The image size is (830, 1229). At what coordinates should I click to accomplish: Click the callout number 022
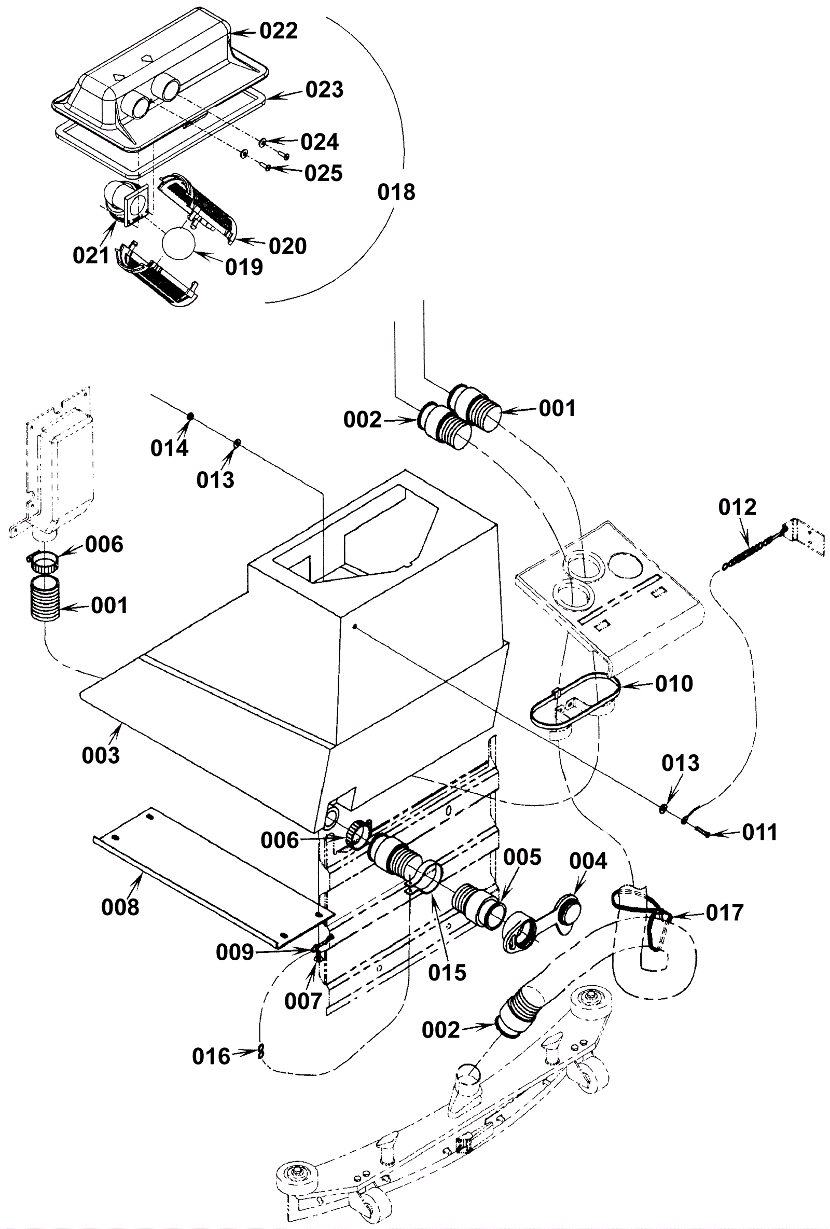coord(279,31)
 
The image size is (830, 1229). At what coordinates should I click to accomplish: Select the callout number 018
coord(396,192)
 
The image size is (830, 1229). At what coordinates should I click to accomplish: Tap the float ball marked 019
coord(178,244)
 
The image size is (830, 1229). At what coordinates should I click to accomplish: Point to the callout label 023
coord(324,89)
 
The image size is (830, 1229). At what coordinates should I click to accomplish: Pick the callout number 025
coord(323,173)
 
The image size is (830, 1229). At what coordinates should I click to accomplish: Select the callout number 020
coord(287,246)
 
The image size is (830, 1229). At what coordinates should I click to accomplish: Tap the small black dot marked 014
coord(190,417)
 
